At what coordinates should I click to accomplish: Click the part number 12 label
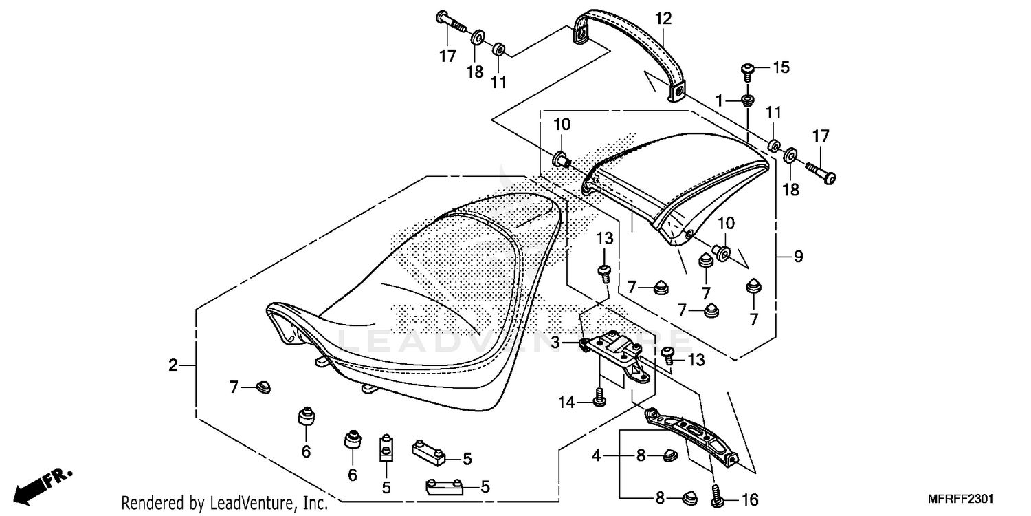(662, 19)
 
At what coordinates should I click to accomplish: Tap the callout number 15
(781, 67)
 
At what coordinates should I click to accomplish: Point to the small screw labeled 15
(749, 69)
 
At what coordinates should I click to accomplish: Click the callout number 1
(720, 100)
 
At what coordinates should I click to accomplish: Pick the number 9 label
(798, 257)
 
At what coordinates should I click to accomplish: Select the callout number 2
(173, 365)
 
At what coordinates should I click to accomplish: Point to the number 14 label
(566, 402)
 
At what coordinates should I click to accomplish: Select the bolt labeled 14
(599, 397)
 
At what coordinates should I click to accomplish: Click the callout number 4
(597, 455)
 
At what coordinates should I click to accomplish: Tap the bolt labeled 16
(716, 495)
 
